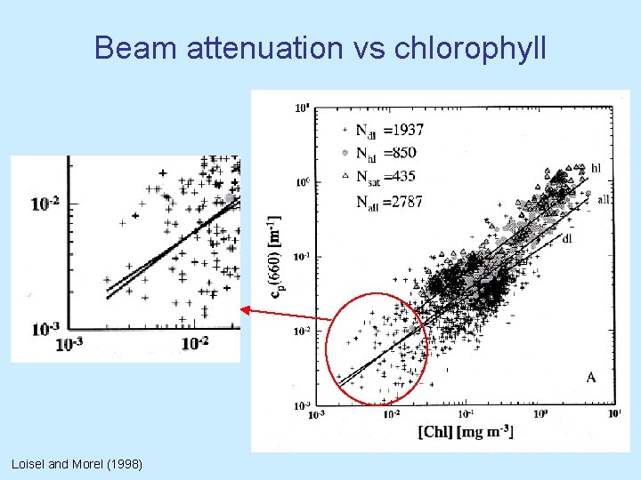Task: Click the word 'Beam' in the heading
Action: pos(137,48)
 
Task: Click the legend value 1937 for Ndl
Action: pos(405,131)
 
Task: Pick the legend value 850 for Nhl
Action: pos(402,154)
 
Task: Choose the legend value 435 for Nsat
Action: pos(407,177)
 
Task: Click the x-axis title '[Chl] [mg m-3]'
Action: pos(465,431)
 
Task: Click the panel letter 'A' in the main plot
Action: pos(590,378)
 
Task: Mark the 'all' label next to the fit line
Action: pos(604,200)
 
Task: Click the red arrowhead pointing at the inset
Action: pos(247,309)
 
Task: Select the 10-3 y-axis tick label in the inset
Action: pos(45,329)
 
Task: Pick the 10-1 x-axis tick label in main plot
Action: pos(464,413)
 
